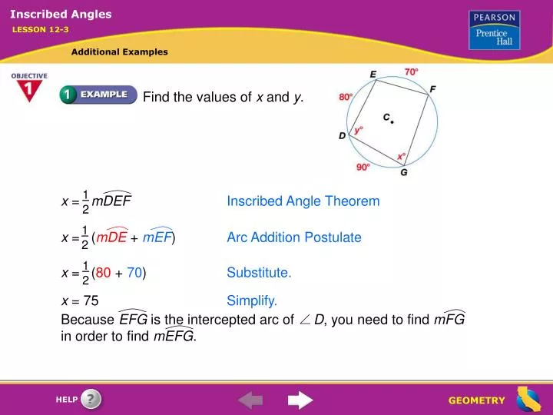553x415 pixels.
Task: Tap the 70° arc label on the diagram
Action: pyautogui.click(x=412, y=71)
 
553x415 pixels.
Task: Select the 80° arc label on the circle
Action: pyautogui.click(x=346, y=98)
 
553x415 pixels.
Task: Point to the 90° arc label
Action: pyautogui.click(x=363, y=166)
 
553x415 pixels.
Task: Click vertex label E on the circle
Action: pyautogui.click(x=373, y=74)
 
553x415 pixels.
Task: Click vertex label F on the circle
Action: pyautogui.click(x=433, y=89)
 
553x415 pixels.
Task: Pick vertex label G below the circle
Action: pyautogui.click(x=404, y=173)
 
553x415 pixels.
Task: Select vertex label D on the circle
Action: pyautogui.click(x=343, y=135)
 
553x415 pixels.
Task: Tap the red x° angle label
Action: pyautogui.click(x=401, y=156)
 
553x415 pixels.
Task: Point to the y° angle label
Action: pyautogui.click(x=359, y=130)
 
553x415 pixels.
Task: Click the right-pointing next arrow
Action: pyautogui.click(x=300, y=400)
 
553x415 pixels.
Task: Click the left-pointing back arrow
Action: pyautogui.click(x=250, y=400)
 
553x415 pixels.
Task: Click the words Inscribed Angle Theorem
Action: pyautogui.click(x=303, y=201)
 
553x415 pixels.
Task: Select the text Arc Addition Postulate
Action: pyautogui.click(x=293, y=237)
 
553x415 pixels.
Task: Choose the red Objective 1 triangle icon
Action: pyautogui.click(x=28, y=88)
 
